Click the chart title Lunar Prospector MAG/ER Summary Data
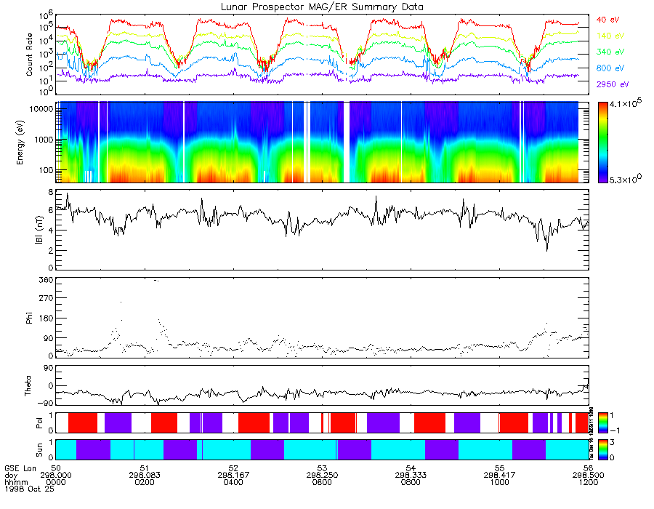(x=322, y=7)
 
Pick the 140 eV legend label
(x=610, y=36)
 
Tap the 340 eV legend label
(x=610, y=52)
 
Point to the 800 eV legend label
(x=610, y=68)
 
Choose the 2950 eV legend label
(x=611, y=85)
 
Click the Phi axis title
(x=30, y=317)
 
